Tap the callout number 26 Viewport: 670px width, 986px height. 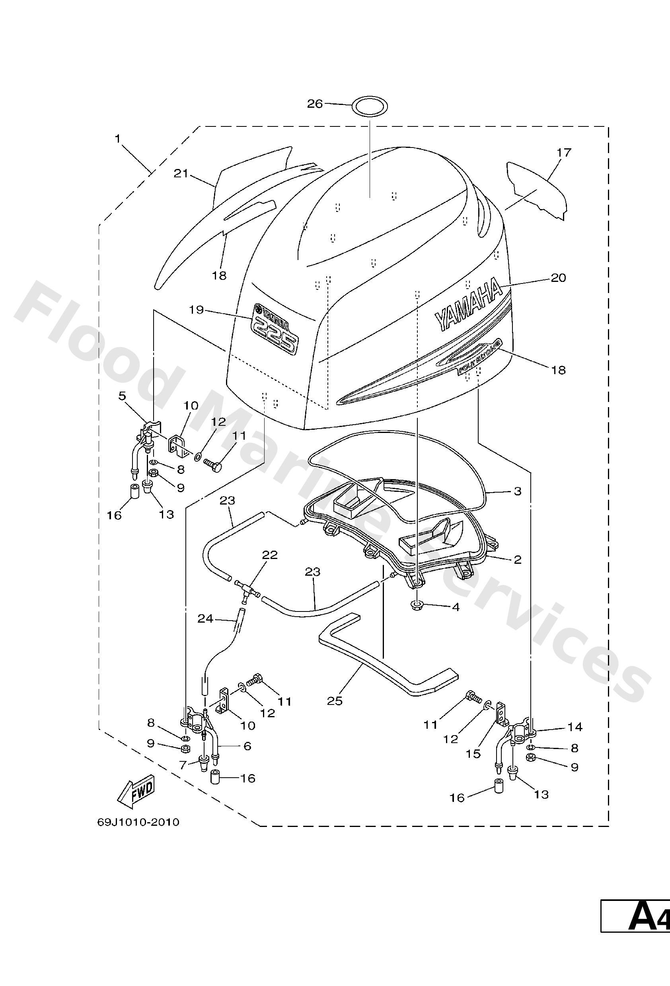315,103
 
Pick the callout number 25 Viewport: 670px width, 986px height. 335,701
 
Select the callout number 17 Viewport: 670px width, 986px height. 564,152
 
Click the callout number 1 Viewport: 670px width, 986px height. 117,138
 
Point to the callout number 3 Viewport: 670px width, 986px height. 517,491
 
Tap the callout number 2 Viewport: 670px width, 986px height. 517,560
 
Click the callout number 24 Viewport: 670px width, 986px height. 206,619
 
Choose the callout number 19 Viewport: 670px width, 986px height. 197,310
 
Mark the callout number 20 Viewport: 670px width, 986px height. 558,278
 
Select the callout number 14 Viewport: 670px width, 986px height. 575,727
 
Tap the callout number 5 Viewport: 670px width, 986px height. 122,396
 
